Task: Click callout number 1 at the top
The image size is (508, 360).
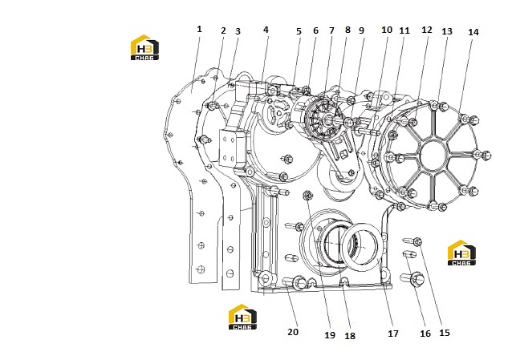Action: (199, 29)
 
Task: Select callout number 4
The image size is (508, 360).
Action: (266, 30)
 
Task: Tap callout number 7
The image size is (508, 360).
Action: (331, 30)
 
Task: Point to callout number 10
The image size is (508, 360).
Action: (387, 30)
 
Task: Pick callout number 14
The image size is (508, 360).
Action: (473, 32)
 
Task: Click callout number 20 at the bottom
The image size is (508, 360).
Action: (293, 332)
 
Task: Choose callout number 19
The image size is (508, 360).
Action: (330, 335)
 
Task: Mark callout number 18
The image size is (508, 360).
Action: (350, 336)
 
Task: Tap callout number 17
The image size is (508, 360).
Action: (393, 334)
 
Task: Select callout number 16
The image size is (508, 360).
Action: (425, 334)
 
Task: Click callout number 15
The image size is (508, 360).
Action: (445, 333)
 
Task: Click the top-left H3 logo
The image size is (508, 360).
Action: (144, 47)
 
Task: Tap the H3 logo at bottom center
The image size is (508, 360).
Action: (242, 317)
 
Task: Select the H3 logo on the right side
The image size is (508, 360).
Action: (461, 253)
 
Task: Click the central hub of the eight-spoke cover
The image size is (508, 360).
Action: (434, 156)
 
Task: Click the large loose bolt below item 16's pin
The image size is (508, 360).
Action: (412, 278)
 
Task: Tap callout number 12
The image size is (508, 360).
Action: (427, 30)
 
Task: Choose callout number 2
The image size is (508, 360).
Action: (223, 30)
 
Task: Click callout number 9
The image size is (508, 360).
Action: (362, 30)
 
